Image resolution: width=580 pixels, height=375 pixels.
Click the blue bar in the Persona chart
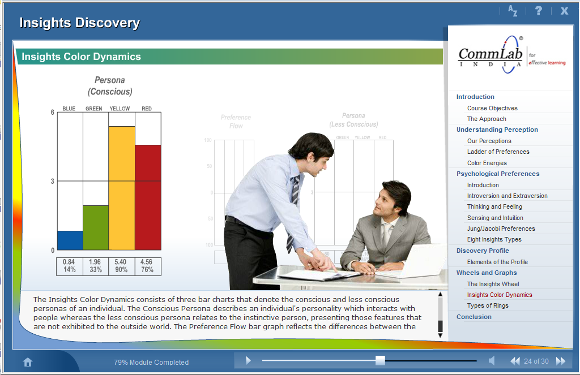[x=70, y=240]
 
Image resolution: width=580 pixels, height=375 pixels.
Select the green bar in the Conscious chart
[x=96, y=227]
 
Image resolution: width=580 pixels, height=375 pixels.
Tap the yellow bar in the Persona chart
[x=122, y=188]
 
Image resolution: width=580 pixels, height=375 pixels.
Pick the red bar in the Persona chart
[x=148, y=197]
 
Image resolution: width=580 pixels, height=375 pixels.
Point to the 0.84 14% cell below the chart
[x=69, y=266]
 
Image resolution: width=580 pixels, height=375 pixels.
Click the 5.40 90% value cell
[x=121, y=266]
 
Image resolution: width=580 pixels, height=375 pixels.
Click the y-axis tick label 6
[x=53, y=113]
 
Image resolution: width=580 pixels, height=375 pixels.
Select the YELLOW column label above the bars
[x=120, y=109]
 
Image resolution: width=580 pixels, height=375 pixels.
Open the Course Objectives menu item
[x=492, y=108]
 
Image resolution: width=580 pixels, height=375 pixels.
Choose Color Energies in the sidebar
[x=487, y=163]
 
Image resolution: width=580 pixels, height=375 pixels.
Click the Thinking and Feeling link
[x=494, y=206]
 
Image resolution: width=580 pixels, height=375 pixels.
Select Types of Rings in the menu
[x=488, y=305]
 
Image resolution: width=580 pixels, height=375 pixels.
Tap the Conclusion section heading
[x=474, y=317]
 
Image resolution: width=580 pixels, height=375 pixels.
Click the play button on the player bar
[x=248, y=361]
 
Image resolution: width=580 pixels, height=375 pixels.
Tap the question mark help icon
[x=539, y=11]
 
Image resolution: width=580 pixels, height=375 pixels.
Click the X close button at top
[x=564, y=11]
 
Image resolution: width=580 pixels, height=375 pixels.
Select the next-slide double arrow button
[x=561, y=361]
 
